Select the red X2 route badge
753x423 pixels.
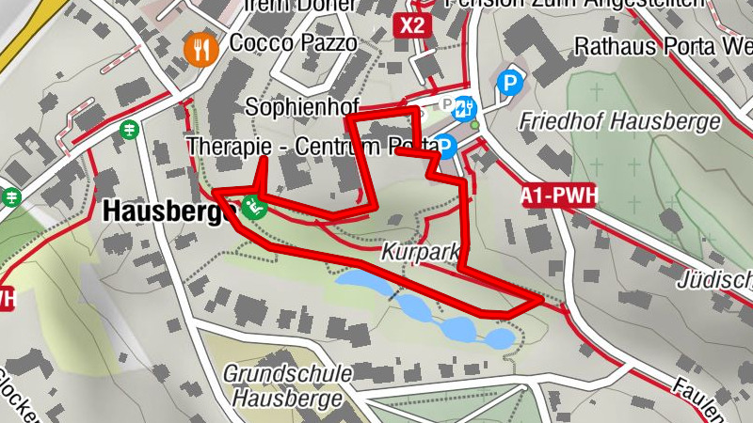[x=411, y=24]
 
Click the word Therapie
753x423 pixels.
[x=221, y=147]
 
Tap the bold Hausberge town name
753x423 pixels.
[x=168, y=211]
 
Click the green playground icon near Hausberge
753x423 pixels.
[x=251, y=207]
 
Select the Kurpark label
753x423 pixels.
[x=420, y=253]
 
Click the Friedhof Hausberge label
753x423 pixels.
[x=619, y=121]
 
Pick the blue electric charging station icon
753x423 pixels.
[x=465, y=108]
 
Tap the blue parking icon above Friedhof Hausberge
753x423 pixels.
[x=510, y=85]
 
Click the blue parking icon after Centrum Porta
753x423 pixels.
[x=446, y=146]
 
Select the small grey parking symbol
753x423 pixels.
[x=447, y=105]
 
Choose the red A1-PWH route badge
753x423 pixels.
[x=559, y=196]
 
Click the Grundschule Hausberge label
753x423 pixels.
[x=288, y=385]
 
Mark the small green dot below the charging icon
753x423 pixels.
[x=475, y=125]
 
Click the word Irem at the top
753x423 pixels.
[x=266, y=5]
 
